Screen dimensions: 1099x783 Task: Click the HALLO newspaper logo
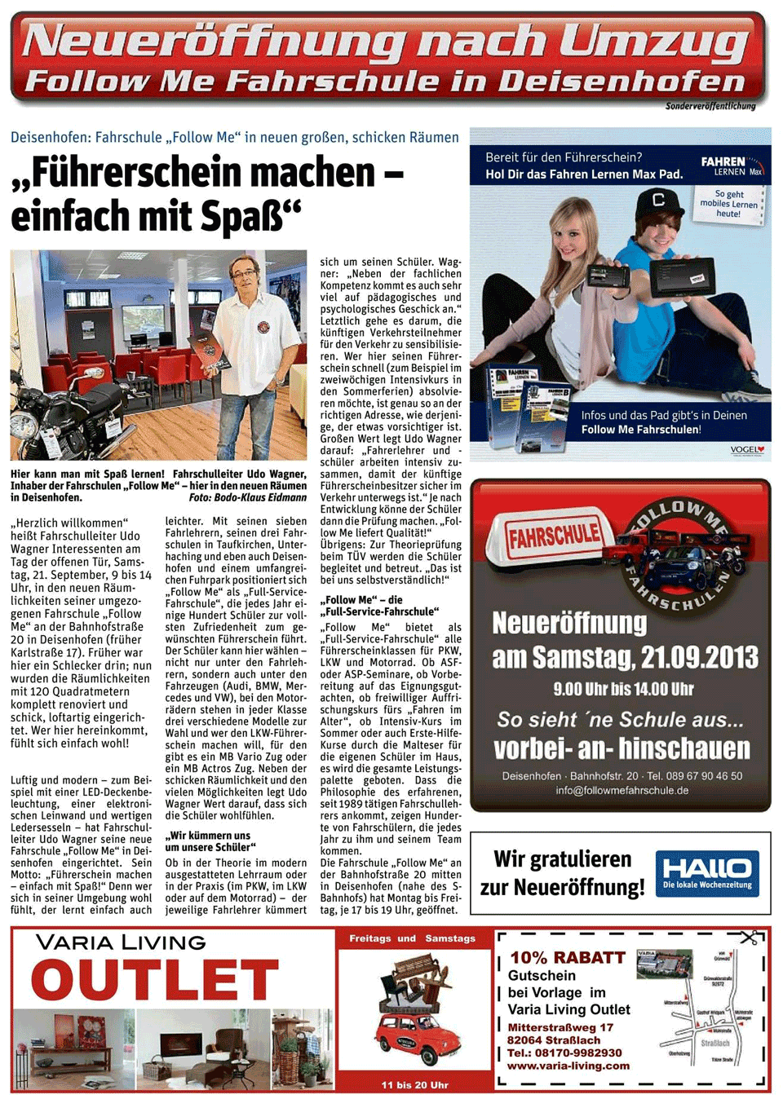coord(706,873)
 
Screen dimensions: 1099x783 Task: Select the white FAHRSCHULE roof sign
coord(554,536)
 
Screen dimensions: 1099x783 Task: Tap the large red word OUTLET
coord(155,979)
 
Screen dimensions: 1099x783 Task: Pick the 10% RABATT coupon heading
coord(568,958)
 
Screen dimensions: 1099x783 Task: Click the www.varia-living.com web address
coord(568,1066)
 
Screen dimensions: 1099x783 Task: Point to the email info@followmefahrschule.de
coord(622,790)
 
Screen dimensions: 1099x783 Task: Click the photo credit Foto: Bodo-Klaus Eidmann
coord(248,497)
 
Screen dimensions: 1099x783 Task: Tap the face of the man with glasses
coord(244,278)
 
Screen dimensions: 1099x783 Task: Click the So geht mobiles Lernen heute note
coord(728,204)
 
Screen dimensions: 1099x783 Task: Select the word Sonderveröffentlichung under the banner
coord(710,106)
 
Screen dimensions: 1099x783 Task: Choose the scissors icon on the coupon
coord(748,938)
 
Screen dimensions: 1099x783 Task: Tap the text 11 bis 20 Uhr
coord(414,1085)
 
